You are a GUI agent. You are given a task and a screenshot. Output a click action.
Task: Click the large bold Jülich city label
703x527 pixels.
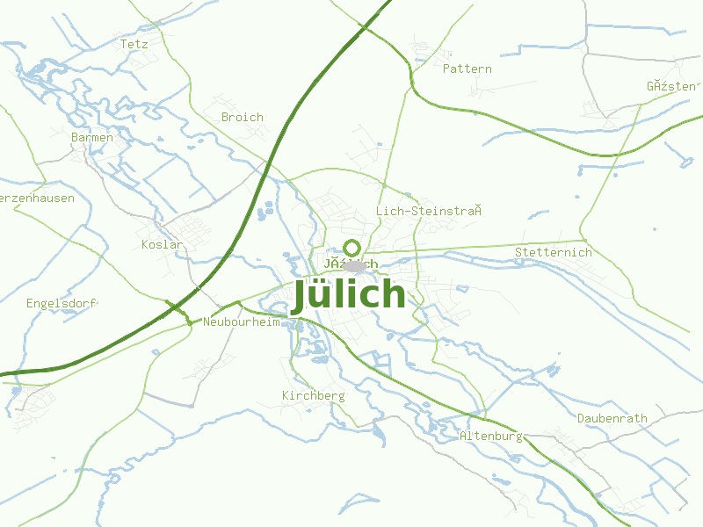pyautogui.click(x=349, y=295)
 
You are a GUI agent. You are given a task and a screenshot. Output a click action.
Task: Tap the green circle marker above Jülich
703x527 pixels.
pyautogui.click(x=352, y=247)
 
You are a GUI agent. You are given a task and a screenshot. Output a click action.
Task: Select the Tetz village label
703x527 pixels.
pyautogui.click(x=134, y=43)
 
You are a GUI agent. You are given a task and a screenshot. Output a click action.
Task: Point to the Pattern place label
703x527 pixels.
pyautogui.click(x=467, y=69)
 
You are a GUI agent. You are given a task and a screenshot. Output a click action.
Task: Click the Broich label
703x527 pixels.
pyautogui.click(x=243, y=117)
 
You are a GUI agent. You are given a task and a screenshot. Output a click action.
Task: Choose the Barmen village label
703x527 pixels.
pyautogui.click(x=92, y=137)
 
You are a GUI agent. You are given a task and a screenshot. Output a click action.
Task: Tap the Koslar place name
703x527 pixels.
pyautogui.click(x=162, y=244)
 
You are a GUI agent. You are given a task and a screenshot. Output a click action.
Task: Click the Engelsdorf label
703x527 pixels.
pyautogui.click(x=61, y=303)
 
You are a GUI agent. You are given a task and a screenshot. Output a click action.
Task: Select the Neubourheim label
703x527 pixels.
pyautogui.click(x=241, y=321)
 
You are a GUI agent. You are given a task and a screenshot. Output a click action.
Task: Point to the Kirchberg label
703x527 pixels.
pyautogui.click(x=313, y=396)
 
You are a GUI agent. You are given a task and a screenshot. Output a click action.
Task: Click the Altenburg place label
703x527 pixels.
pyautogui.click(x=491, y=436)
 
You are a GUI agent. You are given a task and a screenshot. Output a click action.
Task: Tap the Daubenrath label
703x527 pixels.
pyautogui.click(x=612, y=418)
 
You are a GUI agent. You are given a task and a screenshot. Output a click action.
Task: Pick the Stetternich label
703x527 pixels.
pyautogui.click(x=554, y=252)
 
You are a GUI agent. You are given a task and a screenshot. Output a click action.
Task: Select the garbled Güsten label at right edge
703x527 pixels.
pyautogui.click(x=672, y=86)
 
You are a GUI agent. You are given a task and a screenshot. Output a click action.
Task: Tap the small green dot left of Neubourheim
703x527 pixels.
pyautogui.click(x=189, y=323)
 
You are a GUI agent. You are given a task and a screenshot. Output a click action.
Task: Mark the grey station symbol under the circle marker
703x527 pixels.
pyautogui.click(x=354, y=266)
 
